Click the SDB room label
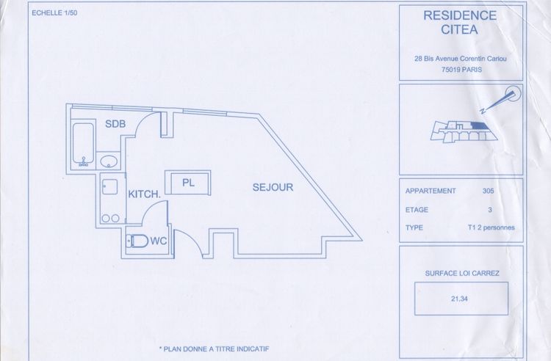(115, 123)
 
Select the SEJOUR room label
(273, 187)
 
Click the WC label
(160, 240)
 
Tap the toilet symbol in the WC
(137, 241)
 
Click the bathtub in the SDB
(82, 145)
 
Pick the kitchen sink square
(110, 186)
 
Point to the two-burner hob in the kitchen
(112, 217)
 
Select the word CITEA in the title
(461, 29)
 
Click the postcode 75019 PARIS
(461, 70)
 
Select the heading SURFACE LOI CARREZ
(462, 273)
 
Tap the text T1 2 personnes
(491, 227)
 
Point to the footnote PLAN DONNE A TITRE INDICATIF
(213, 349)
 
